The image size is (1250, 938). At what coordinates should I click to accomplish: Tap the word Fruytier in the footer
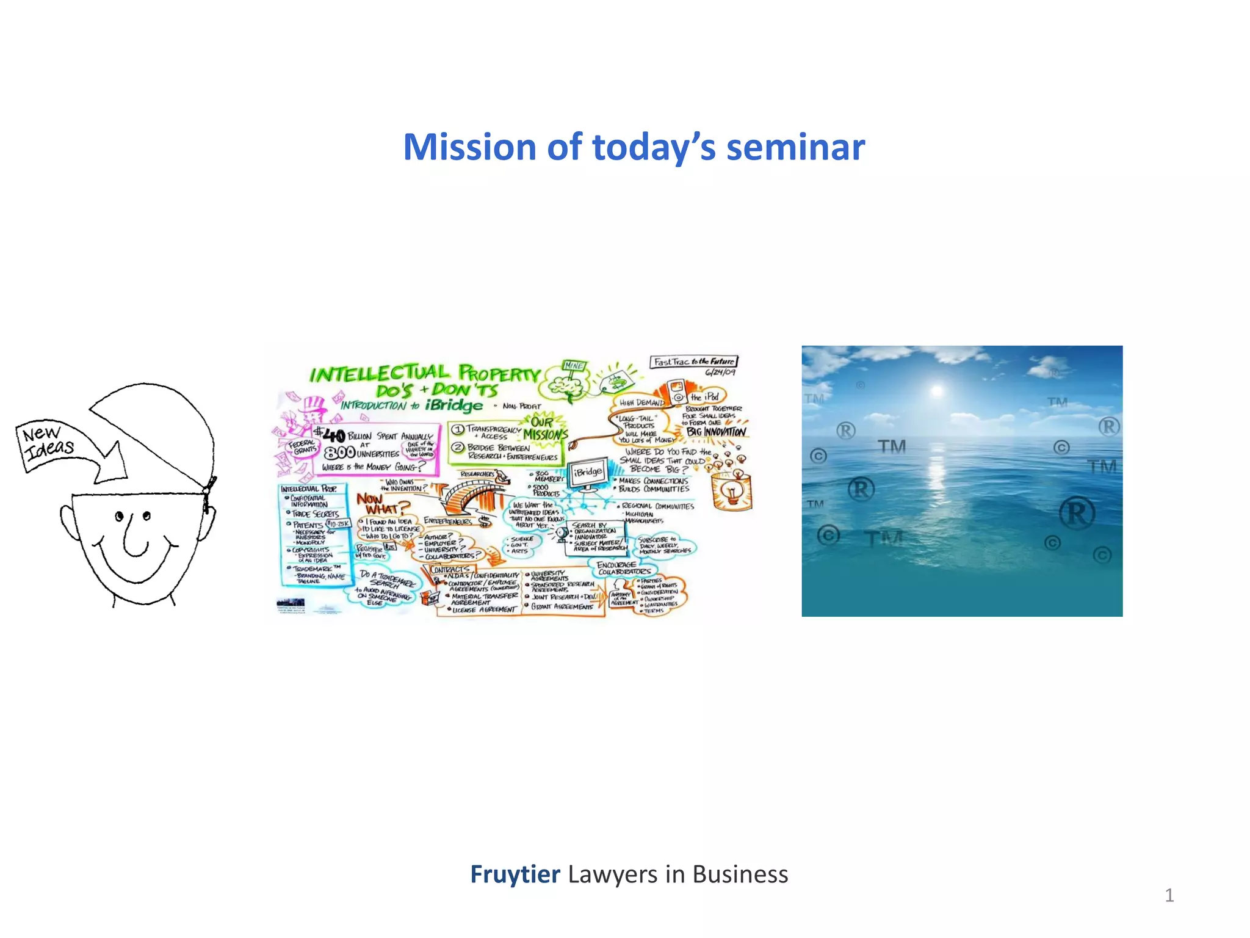[515, 874]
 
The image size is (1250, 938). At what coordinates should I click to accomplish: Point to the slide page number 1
[1169, 895]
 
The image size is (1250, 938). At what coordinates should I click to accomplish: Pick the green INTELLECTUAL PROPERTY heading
[425, 373]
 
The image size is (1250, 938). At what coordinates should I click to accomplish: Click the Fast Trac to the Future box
[693, 362]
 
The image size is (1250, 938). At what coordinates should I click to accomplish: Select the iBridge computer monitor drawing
[588, 473]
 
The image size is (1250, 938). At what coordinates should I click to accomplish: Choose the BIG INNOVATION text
[716, 432]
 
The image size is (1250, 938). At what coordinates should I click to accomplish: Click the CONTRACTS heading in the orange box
[450, 569]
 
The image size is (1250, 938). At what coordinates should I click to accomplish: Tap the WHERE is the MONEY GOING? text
[373, 467]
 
